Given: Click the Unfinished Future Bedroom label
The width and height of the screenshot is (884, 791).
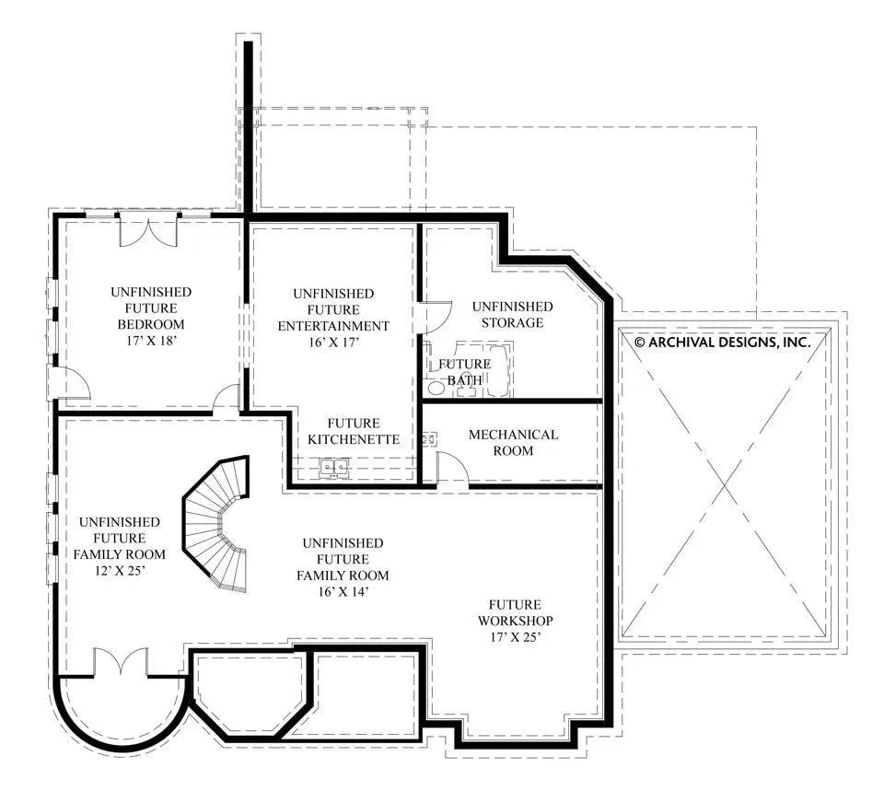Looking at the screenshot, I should click(x=151, y=308).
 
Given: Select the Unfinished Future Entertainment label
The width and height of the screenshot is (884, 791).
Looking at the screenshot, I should click(x=332, y=309).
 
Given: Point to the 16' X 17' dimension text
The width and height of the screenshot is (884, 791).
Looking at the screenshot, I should click(x=332, y=343).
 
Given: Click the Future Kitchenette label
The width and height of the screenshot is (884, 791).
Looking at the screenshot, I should click(x=354, y=431).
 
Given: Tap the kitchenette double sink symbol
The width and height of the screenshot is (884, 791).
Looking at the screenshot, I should click(x=334, y=468).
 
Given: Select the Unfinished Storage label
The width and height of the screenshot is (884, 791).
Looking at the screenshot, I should click(x=512, y=314).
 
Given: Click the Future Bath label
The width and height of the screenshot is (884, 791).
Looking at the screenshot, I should click(x=465, y=372).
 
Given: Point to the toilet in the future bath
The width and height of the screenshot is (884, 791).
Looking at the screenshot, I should click(x=436, y=389).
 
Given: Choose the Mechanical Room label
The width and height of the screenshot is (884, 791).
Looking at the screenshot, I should click(x=513, y=442).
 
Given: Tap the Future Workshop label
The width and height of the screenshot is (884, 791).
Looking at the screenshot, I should click(x=514, y=612).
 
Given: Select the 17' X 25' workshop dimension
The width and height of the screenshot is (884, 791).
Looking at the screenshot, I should click(x=514, y=636).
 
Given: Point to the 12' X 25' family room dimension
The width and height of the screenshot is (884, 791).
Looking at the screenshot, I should click(x=119, y=571).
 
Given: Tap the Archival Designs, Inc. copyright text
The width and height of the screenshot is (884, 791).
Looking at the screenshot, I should click(x=722, y=342).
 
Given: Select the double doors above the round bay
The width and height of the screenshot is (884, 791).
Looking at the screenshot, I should click(x=121, y=662).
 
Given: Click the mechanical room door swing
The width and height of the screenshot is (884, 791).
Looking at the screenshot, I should click(x=452, y=470).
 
